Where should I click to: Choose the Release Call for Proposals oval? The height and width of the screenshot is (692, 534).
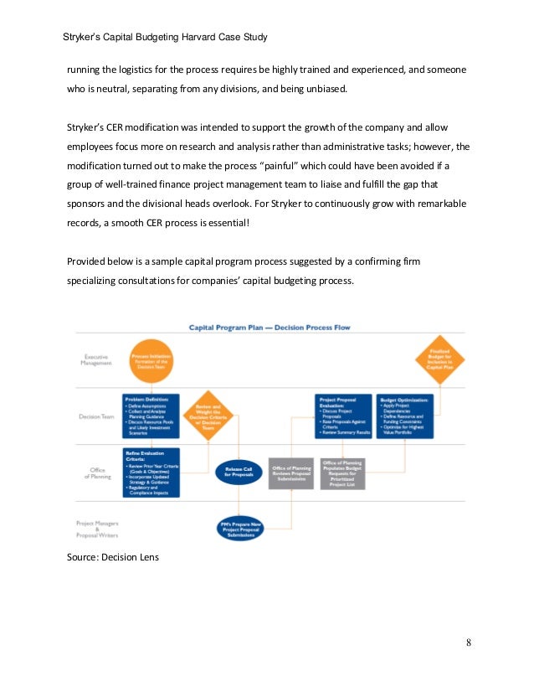click(x=239, y=471)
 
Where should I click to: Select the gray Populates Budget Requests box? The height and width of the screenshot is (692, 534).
click(x=342, y=473)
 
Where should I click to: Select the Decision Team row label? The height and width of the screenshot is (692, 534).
click(x=97, y=414)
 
